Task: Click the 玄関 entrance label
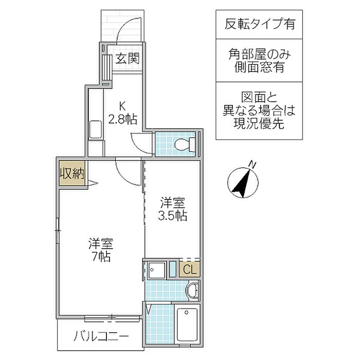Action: (127, 58)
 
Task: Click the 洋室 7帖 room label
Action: (100, 249)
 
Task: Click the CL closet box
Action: (189, 269)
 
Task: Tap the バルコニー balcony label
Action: (101, 337)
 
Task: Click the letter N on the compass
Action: (253, 164)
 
